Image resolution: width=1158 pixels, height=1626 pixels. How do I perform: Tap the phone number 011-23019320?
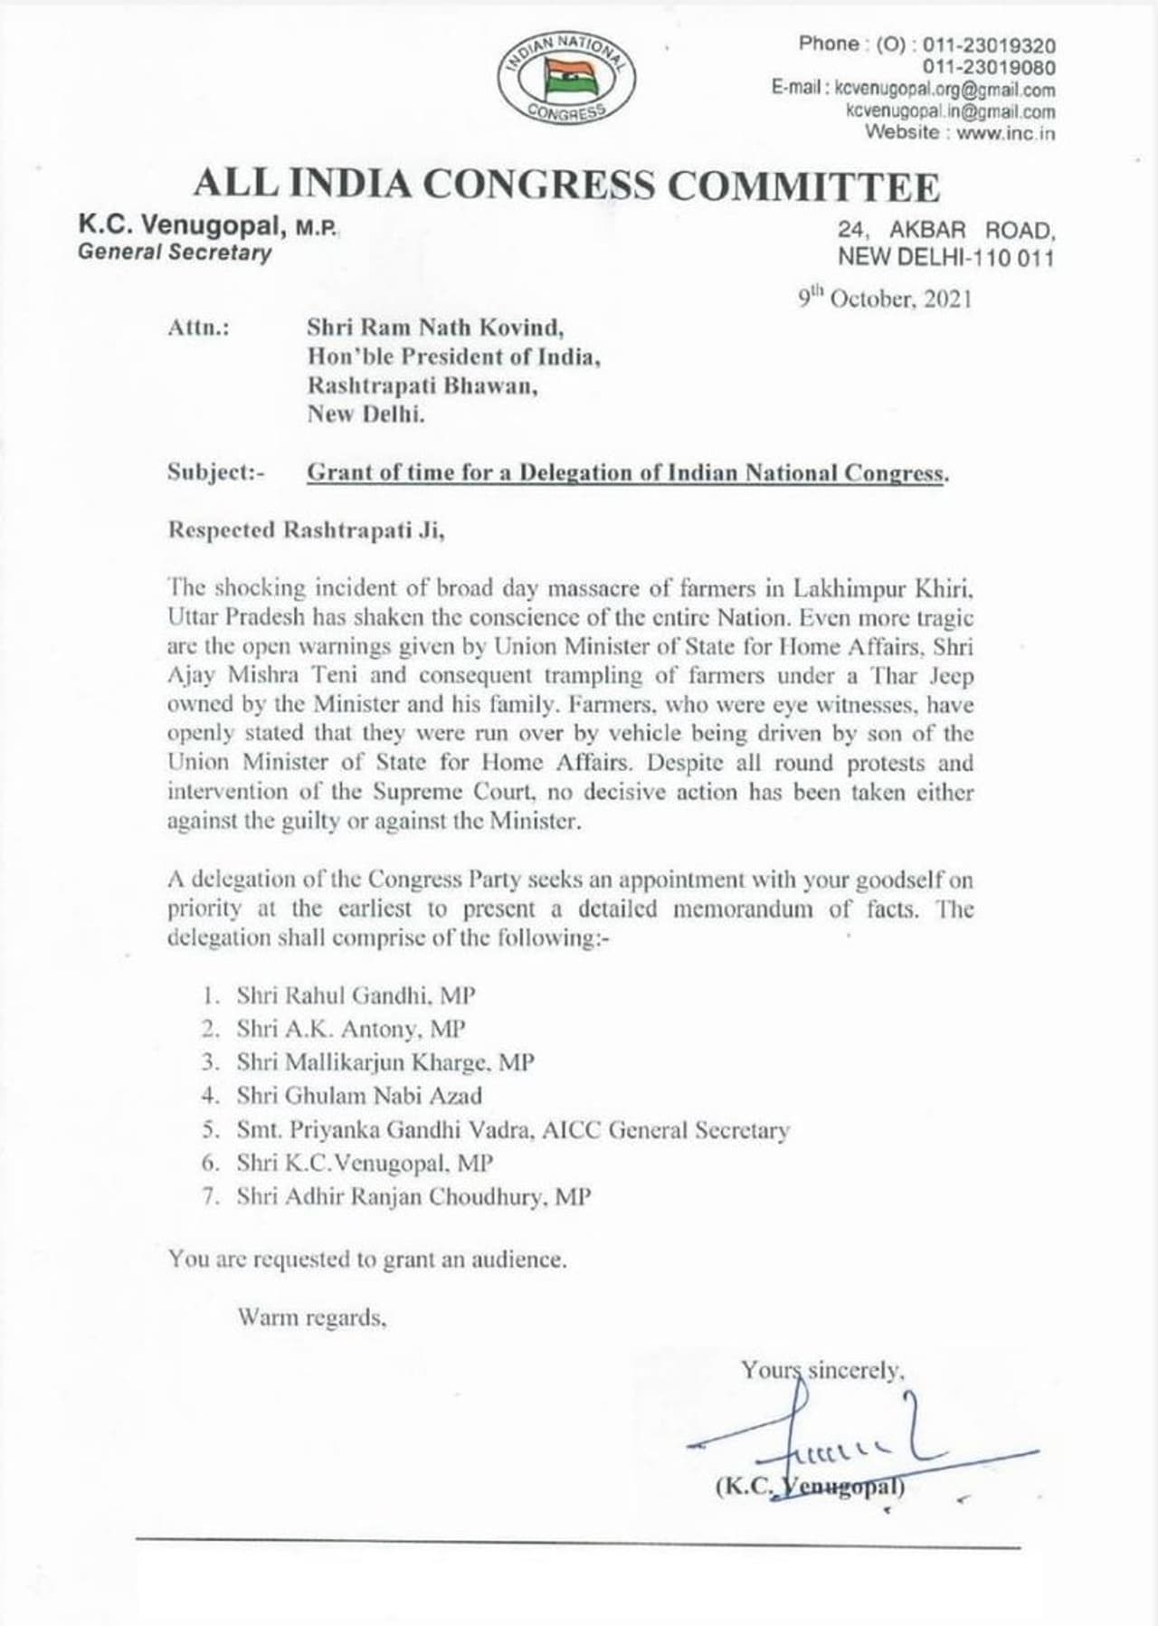pos(989,45)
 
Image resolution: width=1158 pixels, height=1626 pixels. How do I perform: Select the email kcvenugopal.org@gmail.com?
pos(944,90)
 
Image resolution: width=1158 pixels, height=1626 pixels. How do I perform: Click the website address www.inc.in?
pos(1005,133)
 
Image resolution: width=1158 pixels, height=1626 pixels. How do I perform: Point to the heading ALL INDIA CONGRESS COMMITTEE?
pos(566,185)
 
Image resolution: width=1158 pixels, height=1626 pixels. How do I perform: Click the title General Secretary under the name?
pos(175,252)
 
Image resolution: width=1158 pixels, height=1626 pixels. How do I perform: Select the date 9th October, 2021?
pos(885,299)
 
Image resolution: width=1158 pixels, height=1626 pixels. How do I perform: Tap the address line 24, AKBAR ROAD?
pos(945,231)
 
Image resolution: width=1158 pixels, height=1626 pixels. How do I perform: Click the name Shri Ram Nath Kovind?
pos(435,327)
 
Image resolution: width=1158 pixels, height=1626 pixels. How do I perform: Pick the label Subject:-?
pos(216,471)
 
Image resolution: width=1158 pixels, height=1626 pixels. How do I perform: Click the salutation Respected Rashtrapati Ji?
pos(306,530)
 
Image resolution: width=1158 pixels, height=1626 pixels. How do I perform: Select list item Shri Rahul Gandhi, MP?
pos(356,995)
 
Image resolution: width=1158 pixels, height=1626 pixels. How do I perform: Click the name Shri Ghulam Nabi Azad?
pos(359,1096)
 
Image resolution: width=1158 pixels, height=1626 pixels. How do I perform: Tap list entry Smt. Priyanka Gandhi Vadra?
pos(386,1129)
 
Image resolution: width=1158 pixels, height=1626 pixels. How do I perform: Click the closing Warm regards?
pos(312,1317)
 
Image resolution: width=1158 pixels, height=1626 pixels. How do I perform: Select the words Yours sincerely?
pos(822,1370)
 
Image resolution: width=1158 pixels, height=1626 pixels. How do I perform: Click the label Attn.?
pos(198,328)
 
